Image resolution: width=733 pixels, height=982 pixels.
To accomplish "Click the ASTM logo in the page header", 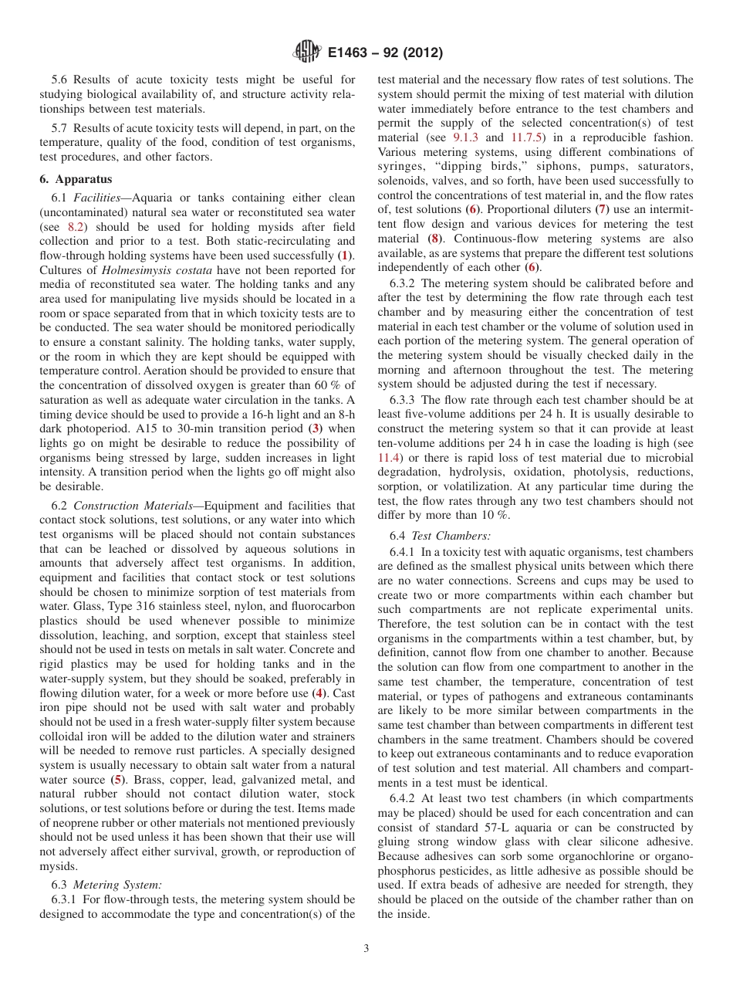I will pos(306,53).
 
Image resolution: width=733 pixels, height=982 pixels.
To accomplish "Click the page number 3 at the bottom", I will pos(366,949).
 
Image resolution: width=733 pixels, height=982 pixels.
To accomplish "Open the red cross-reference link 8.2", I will pos(75,227).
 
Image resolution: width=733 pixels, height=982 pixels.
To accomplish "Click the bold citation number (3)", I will pos(315,428).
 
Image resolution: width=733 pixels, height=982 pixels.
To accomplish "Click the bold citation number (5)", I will pos(117,780).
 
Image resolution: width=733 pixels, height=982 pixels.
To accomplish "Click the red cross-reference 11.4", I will pos(389,458).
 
